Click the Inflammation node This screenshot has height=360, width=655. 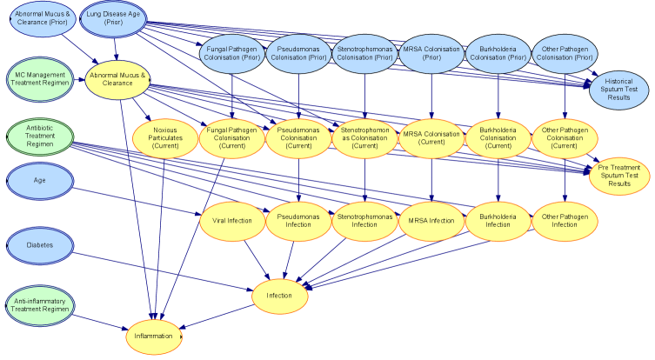coord(155,335)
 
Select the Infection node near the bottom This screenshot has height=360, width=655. coord(278,296)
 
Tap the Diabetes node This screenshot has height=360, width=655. coord(40,245)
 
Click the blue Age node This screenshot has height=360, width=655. coord(40,182)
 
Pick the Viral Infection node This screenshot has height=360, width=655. coord(232,221)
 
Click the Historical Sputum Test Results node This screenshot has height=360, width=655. coord(618,90)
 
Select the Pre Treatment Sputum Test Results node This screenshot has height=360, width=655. coord(619,174)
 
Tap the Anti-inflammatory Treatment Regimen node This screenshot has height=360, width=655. coord(40,305)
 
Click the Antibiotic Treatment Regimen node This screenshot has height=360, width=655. coord(40,136)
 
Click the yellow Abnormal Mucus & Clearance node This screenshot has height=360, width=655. coord(117,79)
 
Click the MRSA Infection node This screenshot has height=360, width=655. coord(431,221)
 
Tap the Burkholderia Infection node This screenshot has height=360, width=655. coord(498,221)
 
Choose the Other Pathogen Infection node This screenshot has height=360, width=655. coord(564,221)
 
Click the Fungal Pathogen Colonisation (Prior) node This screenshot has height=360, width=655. coord(232,52)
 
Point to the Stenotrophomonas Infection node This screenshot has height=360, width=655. coord(364,221)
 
